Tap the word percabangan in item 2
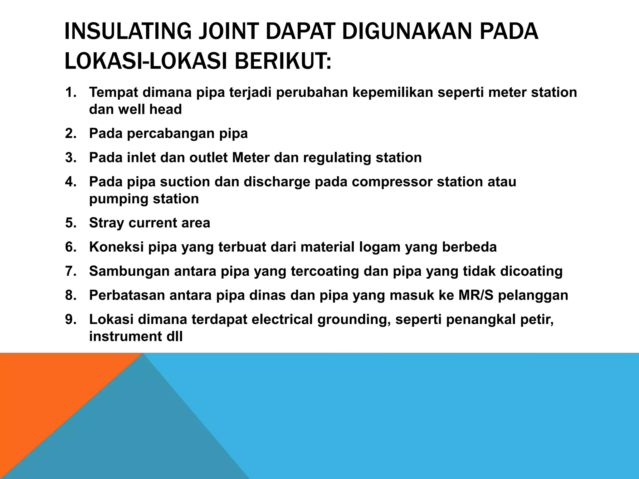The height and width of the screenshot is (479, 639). point(170,133)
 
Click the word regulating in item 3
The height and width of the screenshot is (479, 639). point(337,158)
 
